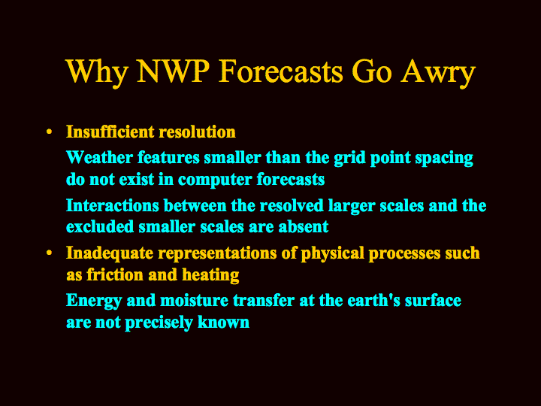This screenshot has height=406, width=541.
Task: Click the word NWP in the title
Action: pos(174,71)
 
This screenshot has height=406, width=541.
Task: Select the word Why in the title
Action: pos(97,73)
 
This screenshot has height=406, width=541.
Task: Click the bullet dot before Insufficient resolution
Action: pos(50,132)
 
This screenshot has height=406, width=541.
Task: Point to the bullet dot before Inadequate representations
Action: pos(50,253)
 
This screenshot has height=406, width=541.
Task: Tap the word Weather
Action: pos(99,158)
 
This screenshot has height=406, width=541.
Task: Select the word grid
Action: pos(349,159)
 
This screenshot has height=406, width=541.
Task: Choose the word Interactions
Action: pos(113,205)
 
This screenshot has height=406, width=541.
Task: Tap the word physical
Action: pos(333,254)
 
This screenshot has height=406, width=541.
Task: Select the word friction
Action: pos(114,275)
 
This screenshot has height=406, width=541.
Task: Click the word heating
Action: pos(210,275)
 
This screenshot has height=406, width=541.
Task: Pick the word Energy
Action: pos(94,301)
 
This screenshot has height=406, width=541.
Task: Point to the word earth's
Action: pos(373,300)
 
